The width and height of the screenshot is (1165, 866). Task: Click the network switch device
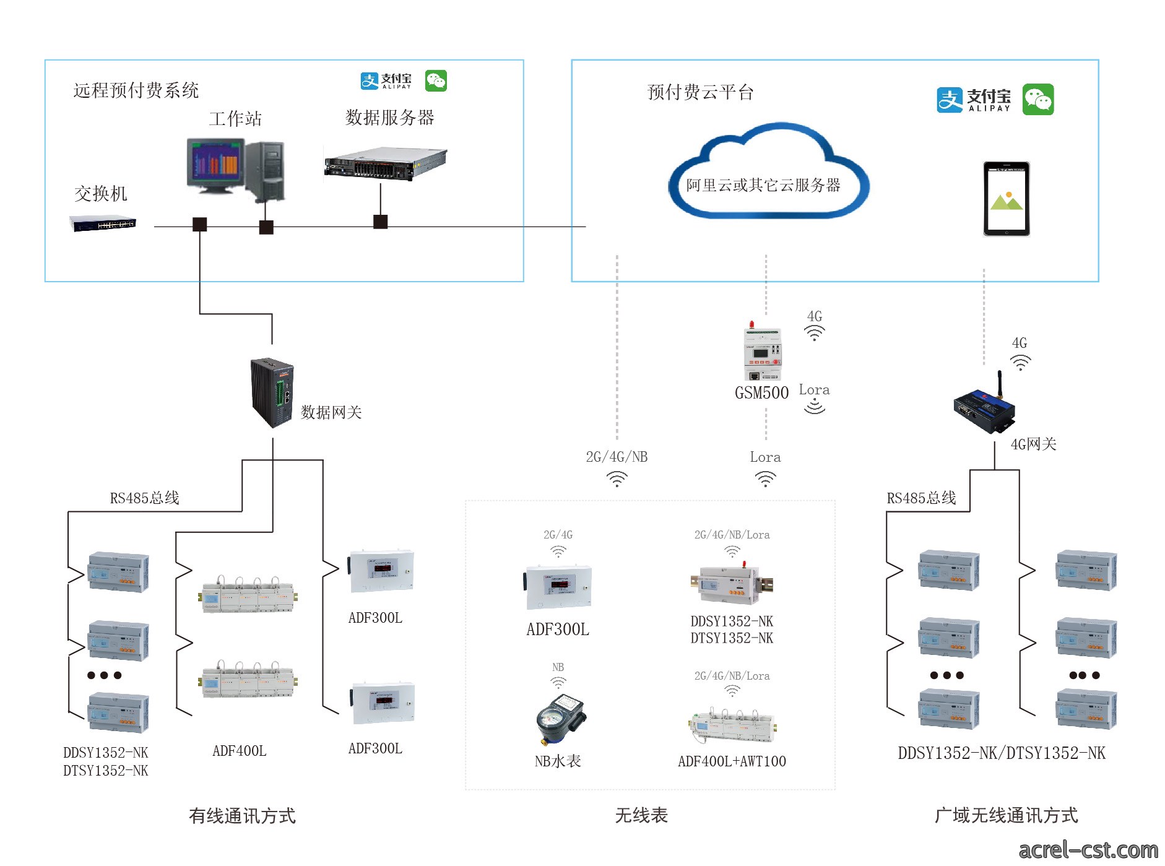click(103, 223)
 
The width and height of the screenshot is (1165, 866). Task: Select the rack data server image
click(386, 163)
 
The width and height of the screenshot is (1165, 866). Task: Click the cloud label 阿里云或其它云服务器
click(763, 185)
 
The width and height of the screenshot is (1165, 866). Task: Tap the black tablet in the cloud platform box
click(1007, 199)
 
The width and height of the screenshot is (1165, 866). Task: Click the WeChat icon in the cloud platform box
click(1038, 100)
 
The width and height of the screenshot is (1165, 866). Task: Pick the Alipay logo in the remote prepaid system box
click(386, 80)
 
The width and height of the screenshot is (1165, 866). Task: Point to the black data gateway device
click(272, 392)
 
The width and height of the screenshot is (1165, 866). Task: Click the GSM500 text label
click(761, 393)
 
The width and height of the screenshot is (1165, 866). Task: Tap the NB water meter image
click(560, 719)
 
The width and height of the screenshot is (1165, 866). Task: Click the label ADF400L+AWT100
click(732, 761)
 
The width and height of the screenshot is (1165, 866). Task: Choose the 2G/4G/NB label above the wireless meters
click(617, 457)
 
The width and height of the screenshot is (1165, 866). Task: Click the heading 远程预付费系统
click(136, 90)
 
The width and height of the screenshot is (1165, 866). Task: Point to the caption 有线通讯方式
click(243, 816)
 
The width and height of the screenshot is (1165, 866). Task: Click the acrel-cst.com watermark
click(1088, 850)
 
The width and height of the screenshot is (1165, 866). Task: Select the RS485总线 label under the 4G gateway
click(921, 498)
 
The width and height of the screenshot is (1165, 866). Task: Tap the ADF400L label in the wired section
click(240, 751)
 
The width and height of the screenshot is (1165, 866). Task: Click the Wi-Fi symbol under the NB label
click(558, 682)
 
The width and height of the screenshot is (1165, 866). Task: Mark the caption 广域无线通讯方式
click(1007, 816)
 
